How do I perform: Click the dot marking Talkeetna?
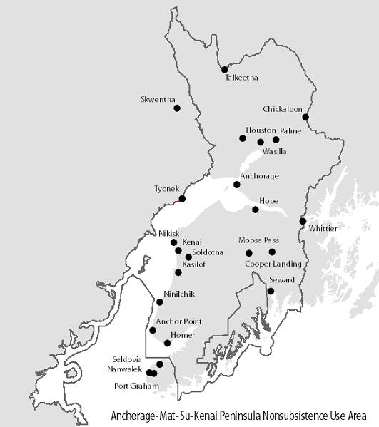tap(224, 69)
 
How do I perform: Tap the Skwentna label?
tap(158, 100)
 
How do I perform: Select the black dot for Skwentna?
tap(177, 108)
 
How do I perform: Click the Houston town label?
tap(261, 130)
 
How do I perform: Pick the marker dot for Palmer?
tap(276, 139)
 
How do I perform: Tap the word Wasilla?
tap(275, 152)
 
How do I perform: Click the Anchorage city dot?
tap(237, 185)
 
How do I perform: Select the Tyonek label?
tap(168, 189)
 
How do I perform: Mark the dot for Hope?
tap(256, 209)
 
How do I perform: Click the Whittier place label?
tap(323, 228)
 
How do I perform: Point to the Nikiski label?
tap(171, 233)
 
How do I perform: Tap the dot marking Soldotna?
tap(188, 257)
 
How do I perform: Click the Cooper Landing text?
tap(273, 264)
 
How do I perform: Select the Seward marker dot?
tap(271, 290)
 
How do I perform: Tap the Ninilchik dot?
tap(159, 302)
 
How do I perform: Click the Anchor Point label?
tap(178, 321)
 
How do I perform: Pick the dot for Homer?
tap(167, 343)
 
